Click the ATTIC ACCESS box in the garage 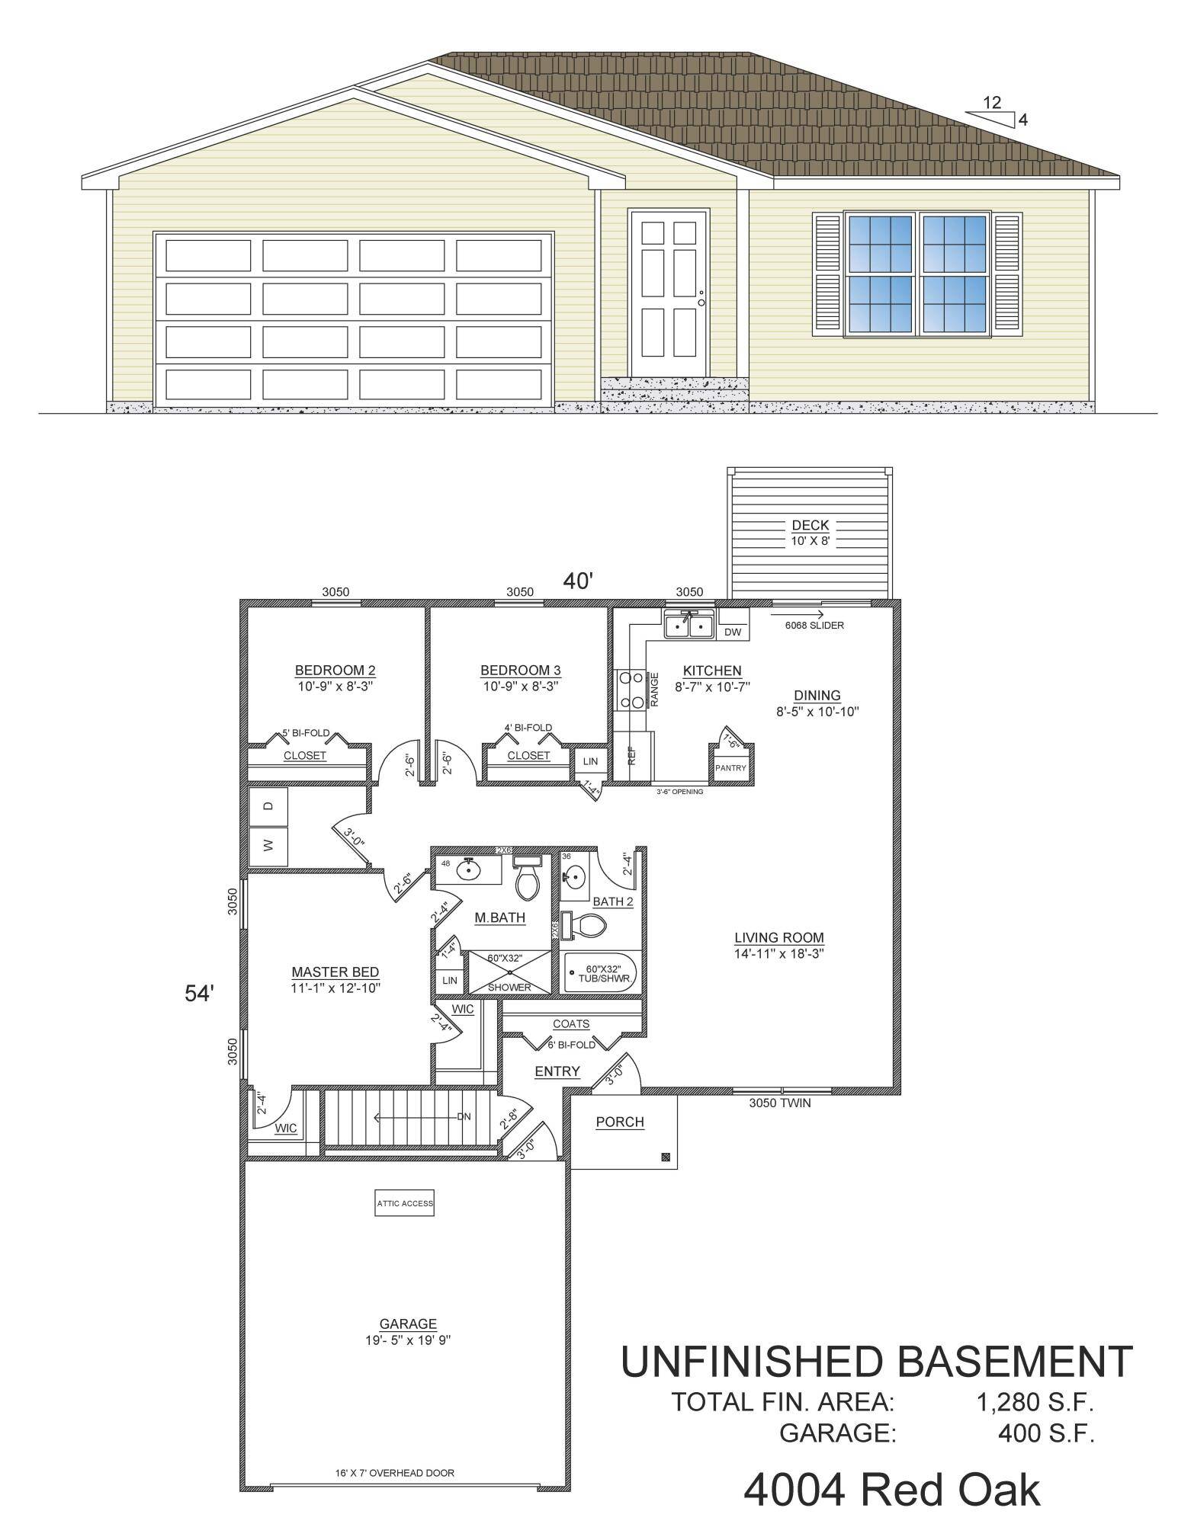pos(404,1204)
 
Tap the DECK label pos(810,526)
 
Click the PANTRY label pos(730,768)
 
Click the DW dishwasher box pos(733,632)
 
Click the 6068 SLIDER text pos(814,626)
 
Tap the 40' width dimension pos(578,581)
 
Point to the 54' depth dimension pos(200,993)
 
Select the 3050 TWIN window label pos(779,1103)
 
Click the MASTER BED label pos(335,972)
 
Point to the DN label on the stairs pos(464,1117)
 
